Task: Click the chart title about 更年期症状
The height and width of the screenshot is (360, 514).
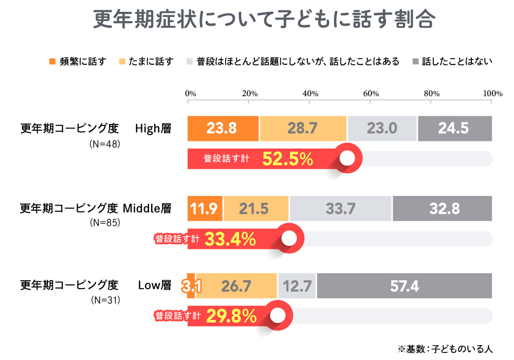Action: [x=265, y=20]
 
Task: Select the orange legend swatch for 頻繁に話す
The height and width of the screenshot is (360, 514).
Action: [x=52, y=62]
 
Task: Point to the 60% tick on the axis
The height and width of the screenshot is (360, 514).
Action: [x=371, y=94]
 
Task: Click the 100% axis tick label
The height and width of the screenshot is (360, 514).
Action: [x=492, y=94]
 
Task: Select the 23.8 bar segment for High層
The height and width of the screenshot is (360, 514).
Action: [x=223, y=129]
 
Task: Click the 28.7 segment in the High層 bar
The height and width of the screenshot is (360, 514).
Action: [x=303, y=129]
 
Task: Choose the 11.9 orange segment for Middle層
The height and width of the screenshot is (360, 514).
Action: [x=205, y=209]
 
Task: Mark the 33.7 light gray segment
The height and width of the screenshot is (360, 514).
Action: [x=341, y=209]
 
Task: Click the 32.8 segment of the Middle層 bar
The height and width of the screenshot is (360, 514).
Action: [x=443, y=209]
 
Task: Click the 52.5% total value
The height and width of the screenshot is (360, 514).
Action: [x=287, y=159]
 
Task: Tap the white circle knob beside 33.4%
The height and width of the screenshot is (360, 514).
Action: [x=289, y=239]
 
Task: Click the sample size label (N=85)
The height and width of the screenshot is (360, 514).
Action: [x=105, y=223]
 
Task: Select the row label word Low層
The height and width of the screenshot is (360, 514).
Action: [x=154, y=285]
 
